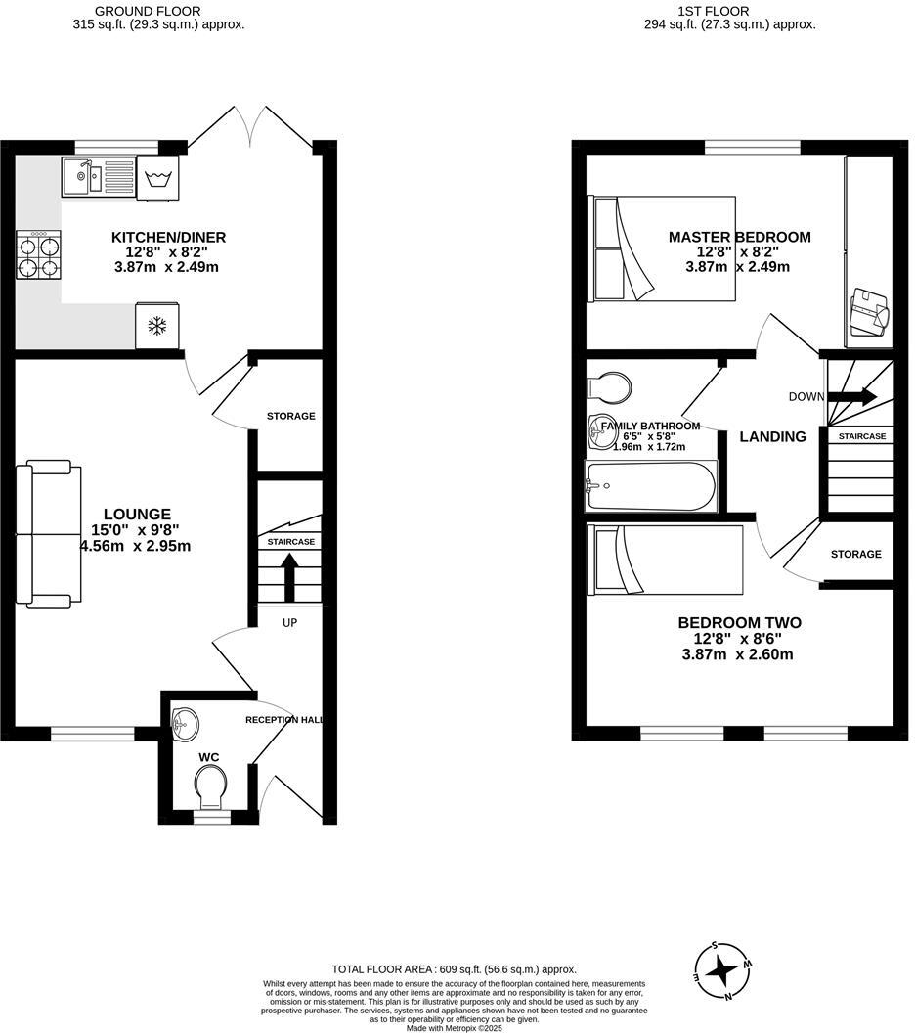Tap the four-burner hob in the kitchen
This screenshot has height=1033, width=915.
coord(38,256)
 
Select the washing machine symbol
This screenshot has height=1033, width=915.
coord(158,179)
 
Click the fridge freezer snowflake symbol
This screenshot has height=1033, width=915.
coord(155,326)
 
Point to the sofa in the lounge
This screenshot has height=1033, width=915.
coord(49,532)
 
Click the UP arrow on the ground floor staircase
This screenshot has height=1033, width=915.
coord(289,577)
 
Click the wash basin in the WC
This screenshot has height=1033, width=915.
coord(184,725)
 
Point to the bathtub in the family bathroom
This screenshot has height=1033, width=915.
coord(649,486)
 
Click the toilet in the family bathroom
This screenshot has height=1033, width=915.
coord(610,386)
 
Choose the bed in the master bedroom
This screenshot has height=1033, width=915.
coord(660,247)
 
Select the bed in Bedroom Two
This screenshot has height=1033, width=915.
coord(665,559)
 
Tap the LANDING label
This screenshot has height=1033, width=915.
coord(772,437)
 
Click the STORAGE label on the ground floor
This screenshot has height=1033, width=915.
coord(290,416)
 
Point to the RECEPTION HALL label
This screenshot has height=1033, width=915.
coord(283,720)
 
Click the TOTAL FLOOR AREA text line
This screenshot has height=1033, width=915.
coord(454,968)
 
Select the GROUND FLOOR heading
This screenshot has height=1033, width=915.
coord(159,12)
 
